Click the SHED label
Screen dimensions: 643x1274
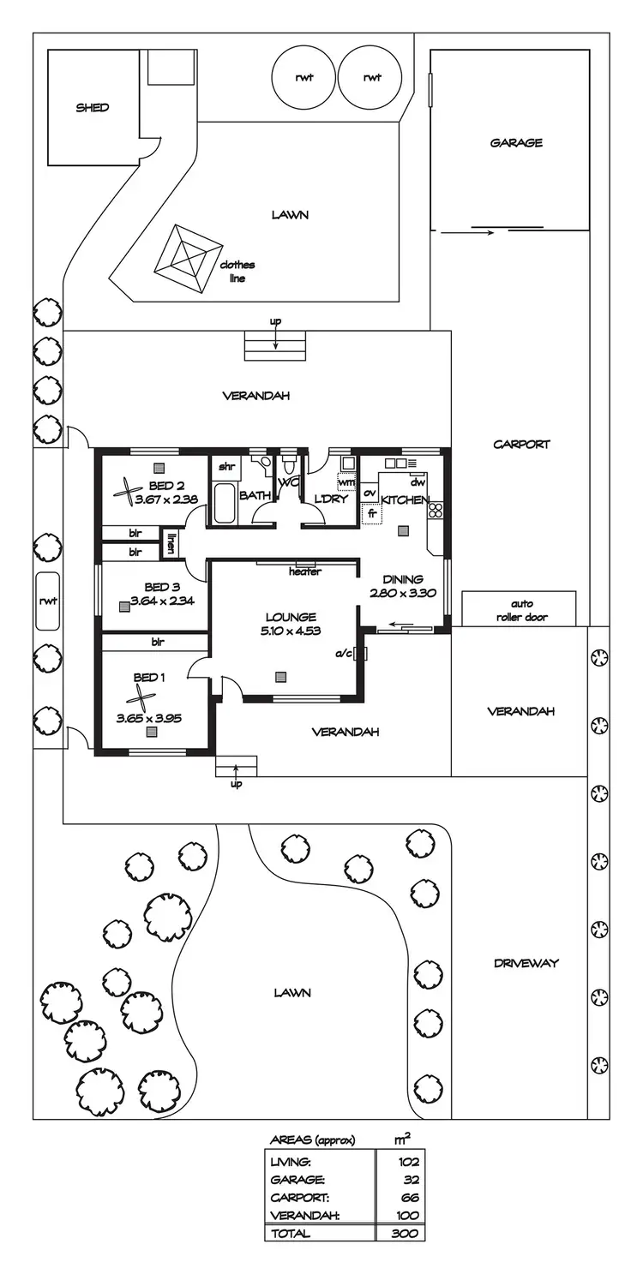pyautogui.click(x=93, y=108)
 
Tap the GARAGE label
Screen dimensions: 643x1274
pyautogui.click(x=516, y=143)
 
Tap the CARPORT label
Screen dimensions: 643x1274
pyautogui.click(x=521, y=445)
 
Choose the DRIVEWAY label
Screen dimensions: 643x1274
pyautogui.click(x=526, y=963)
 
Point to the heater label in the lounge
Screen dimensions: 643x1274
pyautogui.click(x=304, y=571)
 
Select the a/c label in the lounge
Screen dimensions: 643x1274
pyautogui.click(x=344, y=654)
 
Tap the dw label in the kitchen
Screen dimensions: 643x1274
pyautogui.click(x=418, y=482)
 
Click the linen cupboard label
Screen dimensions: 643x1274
pyautogui.click(x=171, y=544)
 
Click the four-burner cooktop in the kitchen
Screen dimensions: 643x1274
pyautogui.click(x=435, y=511)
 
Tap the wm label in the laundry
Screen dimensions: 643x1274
pyautogui.click(x=347, y=482)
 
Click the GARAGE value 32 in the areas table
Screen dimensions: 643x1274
pyautogui.click(x=412, y=1179)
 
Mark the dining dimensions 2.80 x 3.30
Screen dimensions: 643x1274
pyautogui.click(x=403, y=593)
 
